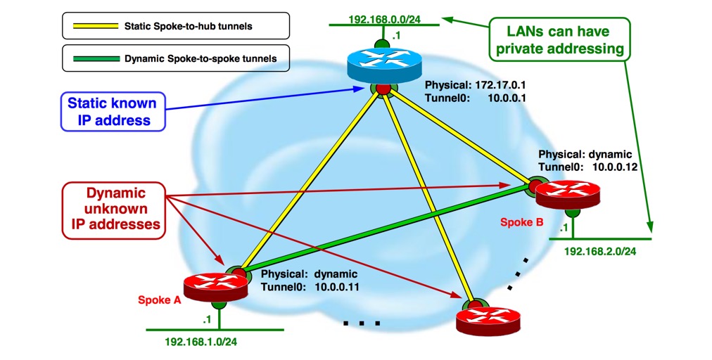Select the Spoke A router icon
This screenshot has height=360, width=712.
click(219, 285)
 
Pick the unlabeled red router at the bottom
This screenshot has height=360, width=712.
click(491, 318)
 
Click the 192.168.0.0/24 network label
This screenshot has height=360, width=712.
click(383, 19)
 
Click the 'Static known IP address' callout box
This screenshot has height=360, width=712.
click(113, 112)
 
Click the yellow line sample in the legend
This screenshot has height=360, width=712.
click(91, 27)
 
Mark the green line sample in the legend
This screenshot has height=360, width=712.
click(91, 58)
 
